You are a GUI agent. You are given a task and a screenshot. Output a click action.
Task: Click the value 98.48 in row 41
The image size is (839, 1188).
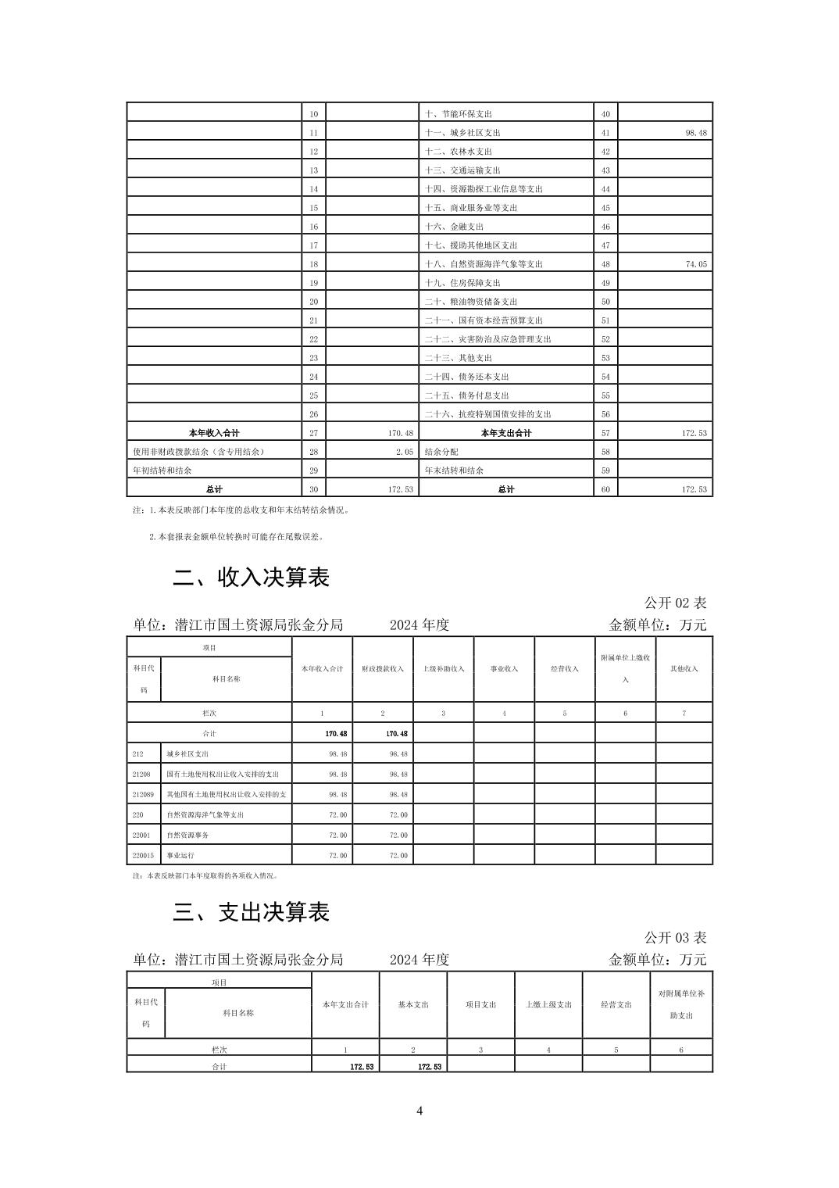695,133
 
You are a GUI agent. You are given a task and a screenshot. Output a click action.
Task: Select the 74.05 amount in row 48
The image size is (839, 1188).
695,264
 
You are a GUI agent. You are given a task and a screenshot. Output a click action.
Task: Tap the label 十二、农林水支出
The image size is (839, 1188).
458,152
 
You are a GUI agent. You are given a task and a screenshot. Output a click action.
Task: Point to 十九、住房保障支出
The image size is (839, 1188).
462,283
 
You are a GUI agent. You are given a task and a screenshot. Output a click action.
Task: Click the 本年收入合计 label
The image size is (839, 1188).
214,433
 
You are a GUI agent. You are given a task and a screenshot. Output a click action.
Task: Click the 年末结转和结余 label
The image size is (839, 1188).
454,471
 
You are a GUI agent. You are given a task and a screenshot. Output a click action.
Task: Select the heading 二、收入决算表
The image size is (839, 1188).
251,578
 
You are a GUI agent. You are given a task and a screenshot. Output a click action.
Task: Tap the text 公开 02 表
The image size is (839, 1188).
675,603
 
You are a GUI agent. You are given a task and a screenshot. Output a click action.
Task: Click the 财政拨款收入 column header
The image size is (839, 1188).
383,669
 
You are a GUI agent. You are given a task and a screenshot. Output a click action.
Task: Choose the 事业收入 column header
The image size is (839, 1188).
504,669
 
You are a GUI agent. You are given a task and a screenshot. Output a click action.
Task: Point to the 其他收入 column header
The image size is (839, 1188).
684,669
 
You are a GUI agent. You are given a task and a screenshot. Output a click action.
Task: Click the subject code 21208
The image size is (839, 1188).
141,775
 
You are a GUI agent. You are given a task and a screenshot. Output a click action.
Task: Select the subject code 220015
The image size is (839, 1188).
143,856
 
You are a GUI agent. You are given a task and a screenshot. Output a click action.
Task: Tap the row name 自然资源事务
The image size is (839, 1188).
187,836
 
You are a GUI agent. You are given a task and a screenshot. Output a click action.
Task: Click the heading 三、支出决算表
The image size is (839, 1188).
251,912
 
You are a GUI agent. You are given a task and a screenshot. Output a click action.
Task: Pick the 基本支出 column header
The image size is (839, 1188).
413,1004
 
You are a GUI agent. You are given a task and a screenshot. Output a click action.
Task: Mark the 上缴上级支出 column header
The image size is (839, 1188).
548,1004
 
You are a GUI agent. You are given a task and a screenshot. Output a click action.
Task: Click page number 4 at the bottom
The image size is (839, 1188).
419,1111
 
